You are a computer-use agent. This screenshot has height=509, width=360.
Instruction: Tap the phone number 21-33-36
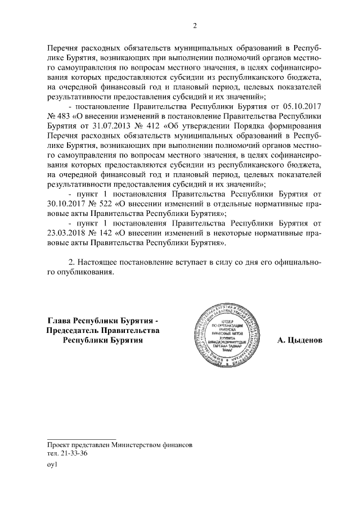click(67, 454)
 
